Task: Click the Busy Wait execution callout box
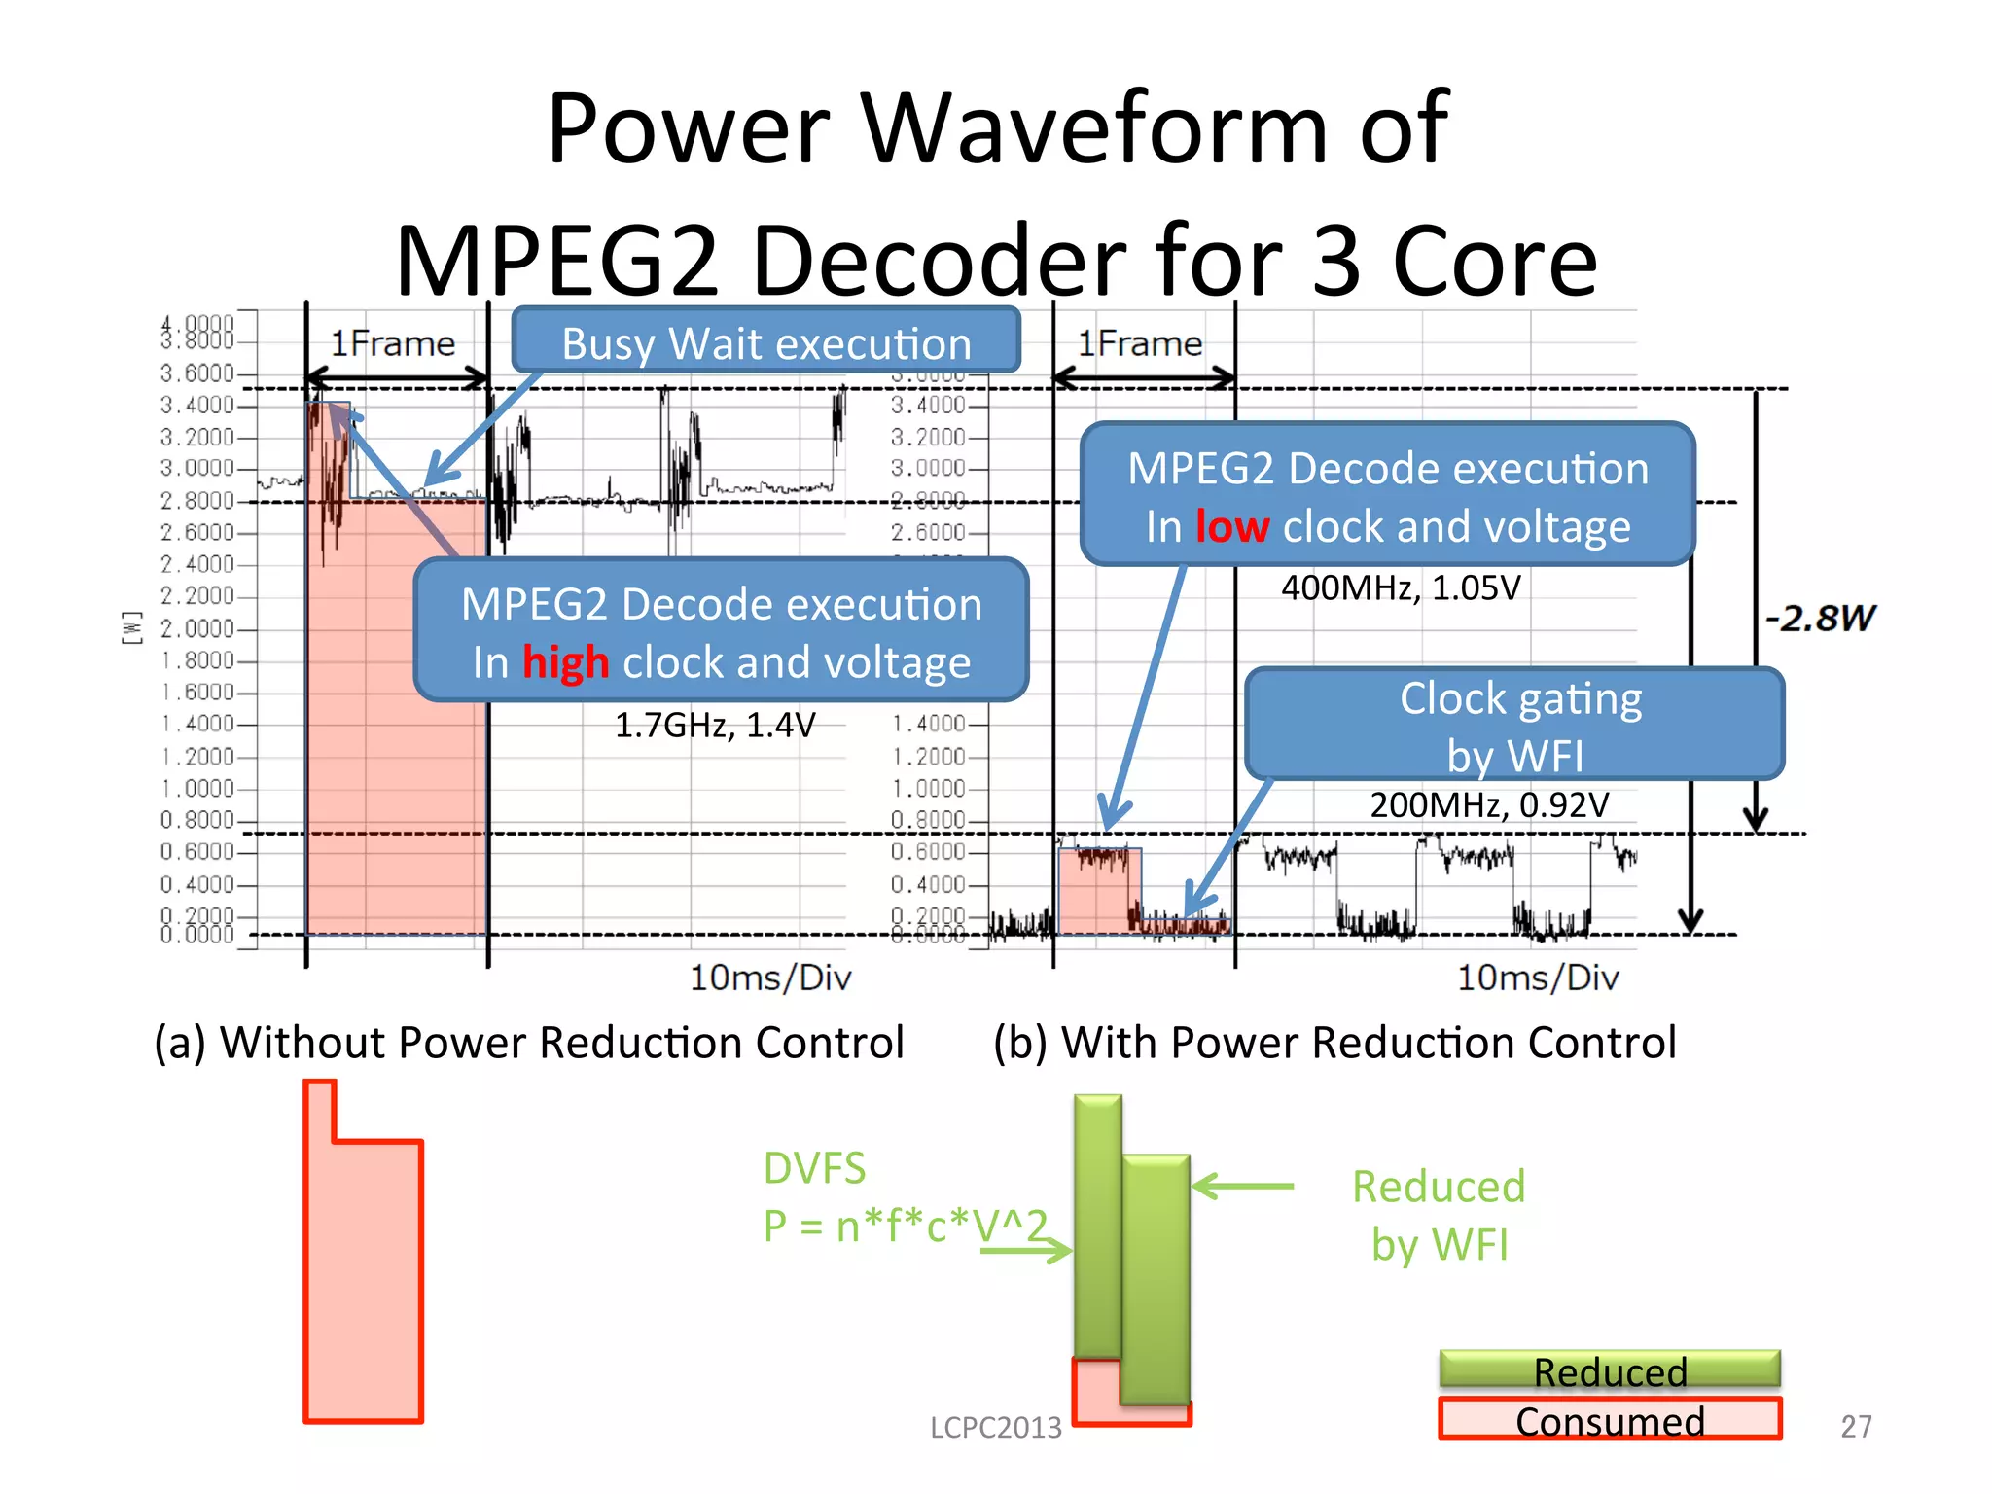(x=765, y=342)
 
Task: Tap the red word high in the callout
(x=565, y=663)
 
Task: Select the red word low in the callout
(x=1231, y=527)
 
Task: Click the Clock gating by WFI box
(x=1514, y=725)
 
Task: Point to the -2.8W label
(x=1820, y=619)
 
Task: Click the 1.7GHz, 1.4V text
(x=715, y=726)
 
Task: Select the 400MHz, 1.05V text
(x=1400, y=588)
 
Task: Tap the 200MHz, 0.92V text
(x=1489, y=805)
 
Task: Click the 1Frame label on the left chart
(x=393, y=344)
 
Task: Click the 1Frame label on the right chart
(x=1139, y=344)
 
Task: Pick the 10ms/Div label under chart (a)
(x=770, y=978)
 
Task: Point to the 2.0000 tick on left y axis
(x=197, y=628)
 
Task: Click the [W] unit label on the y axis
(x=131, y=627)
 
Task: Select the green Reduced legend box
(x=1610, y=1369)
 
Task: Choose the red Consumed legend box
(x=1610, y=1419)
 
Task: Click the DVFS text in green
(x=814, y=1168)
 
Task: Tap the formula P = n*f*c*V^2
(x=905, y=1226)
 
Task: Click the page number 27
(x=1856, y=1426)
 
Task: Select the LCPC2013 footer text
(x=995, y=1427)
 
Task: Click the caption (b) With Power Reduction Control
(x=1334, y=1043)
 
